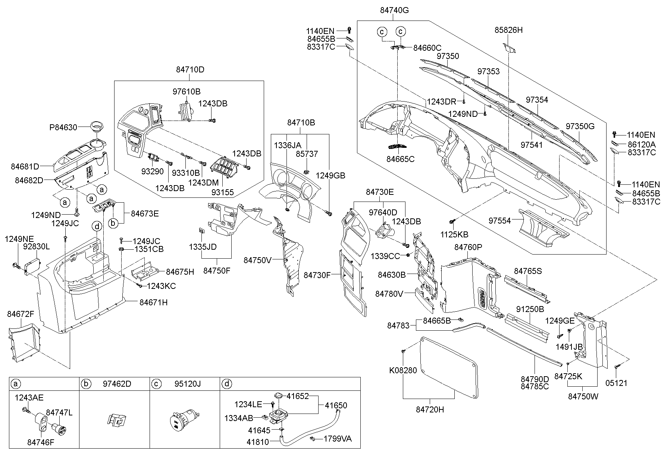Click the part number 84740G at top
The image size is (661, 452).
(x=394, y=10)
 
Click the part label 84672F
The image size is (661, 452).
(x=21, y=314)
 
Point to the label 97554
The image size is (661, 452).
(x=499, y=221)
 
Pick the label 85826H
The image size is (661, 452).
(x=508, y=30)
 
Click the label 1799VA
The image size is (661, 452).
(x=337, y=439)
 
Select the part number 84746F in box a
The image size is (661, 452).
(x=41, y=442)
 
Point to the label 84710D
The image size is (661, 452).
(x=190, y=69)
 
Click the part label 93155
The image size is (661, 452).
(x=222, y=192)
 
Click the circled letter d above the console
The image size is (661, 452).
(x=97, y=226)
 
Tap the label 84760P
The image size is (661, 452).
(x=468, y=247)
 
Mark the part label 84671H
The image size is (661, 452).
(x=153, y=302)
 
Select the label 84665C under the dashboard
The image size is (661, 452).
(x=400, y=159)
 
